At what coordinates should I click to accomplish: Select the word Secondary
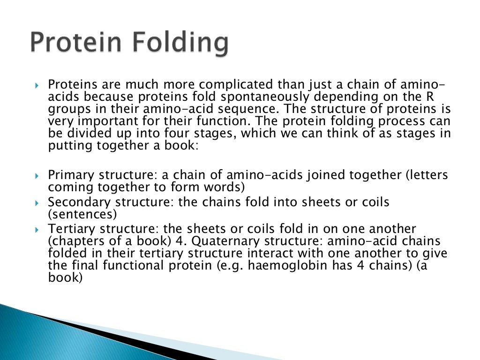(x=77, y=203)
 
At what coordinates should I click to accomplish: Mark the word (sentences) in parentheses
(x=82, y=215)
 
